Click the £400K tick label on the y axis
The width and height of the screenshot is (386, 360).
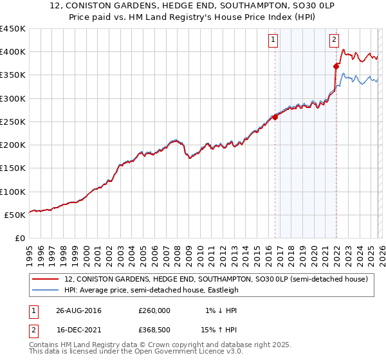point(13,52)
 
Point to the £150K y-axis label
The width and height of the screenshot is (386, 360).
point(13,168)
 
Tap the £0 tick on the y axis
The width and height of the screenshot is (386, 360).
point(20,239)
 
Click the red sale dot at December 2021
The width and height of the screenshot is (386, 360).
point(336,66)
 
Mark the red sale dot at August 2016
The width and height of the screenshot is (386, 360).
point(275,117)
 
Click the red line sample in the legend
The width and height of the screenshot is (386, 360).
point(46,280)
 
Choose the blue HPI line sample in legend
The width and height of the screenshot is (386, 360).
point(46,291)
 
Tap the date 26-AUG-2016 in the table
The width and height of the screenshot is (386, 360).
point(78,310)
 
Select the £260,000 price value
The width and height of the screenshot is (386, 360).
point(154,310)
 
